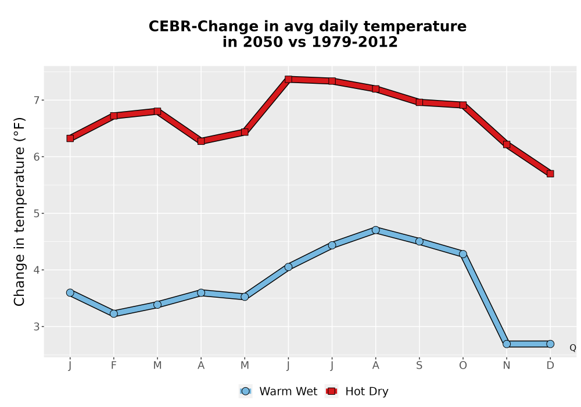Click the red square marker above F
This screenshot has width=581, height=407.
(114, 116)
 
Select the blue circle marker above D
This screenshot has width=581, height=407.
(550, 344)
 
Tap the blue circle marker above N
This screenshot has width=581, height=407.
(507, 344)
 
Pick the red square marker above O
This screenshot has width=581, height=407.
(463, 105)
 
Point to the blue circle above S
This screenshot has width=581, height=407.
(419, 241)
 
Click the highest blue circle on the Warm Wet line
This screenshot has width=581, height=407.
(376, 230)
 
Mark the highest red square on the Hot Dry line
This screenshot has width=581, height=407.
(289, 79)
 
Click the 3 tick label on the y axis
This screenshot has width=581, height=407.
(36, 327)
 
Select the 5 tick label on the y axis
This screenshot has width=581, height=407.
(36, 213)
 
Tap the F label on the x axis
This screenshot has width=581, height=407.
(114, 366)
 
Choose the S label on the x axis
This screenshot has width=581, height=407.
(419, 366)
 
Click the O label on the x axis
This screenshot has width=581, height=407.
(463, 366)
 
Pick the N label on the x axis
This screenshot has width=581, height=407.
(507, 366)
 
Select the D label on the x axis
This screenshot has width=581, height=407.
(550, 366)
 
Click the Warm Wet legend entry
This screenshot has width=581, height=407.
(278, 391)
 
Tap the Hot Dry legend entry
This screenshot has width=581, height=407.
(357, 391)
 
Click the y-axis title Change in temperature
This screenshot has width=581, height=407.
(19, 211)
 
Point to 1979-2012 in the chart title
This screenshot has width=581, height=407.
(354, 42)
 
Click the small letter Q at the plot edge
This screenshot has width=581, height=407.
(573, 348)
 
